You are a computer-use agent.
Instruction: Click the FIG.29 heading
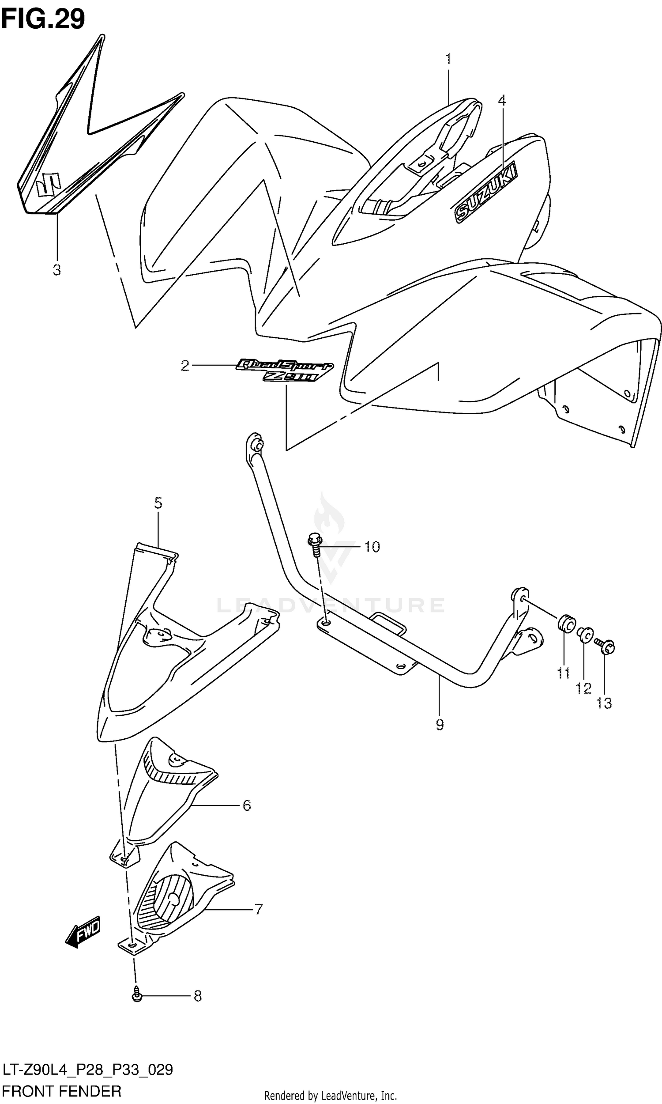coord(43,19)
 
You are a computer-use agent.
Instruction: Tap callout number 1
coord(448,59)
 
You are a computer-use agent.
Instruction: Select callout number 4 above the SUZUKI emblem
coord(502,100)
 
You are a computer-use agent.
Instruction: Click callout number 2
coord(184,366)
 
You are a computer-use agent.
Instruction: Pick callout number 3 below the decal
coord(56,269)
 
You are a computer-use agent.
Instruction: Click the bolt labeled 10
coord(315,545)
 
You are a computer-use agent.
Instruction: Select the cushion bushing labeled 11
coord(567,623)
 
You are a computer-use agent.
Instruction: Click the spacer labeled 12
coord(585,634)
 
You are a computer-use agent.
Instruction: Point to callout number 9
coord(440,725)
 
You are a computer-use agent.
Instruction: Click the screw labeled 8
coord(137,995)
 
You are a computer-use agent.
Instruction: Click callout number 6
coord(247,805)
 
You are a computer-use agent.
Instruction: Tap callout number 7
coord(258,908)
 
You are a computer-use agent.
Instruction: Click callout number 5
coord(158,503)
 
